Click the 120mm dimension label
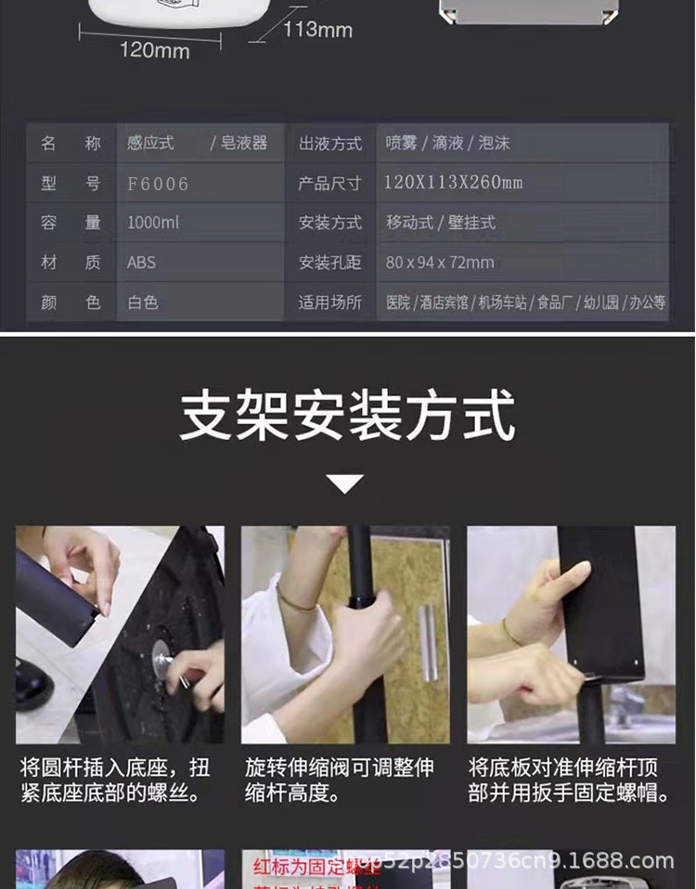(x=154, y=50)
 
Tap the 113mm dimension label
(x=317, y=30)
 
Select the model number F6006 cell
(x=158, y=184)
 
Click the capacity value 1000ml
(x=153, y=223)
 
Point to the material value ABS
(x=142, y=263)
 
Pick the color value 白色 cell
(x=143, y=303)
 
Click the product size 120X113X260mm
(x=454, y=183)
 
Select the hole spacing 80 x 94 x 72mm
(x=440, y=263)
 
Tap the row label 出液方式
(x=329, y=144)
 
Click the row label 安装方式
(x=329, y=223)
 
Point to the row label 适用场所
(x=329, y=303)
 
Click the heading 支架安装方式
(x=347, y=417)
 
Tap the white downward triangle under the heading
(x=345, y=483)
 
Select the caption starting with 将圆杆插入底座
(x=115, y=780)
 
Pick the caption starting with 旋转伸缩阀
(x=340, y=780)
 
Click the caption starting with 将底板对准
(x=568, y=780)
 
